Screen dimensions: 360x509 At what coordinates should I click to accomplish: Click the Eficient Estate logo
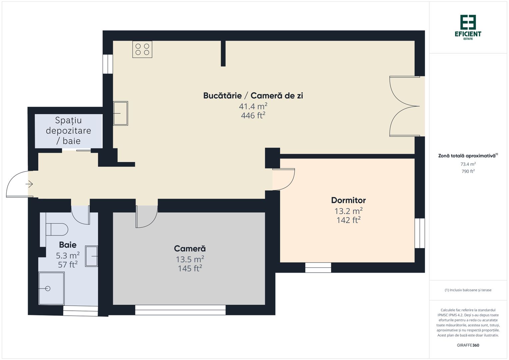pyautogui.click(x=468, y=27)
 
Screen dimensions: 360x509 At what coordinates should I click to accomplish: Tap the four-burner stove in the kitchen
pyautogui.click(x=142, y=49)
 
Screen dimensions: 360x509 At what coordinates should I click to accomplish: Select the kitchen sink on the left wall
pyautogui.click(x=120, y=113)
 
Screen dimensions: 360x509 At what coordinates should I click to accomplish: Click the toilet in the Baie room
pyautogui.click(x=57, y=229)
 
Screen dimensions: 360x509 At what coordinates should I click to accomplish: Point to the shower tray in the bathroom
pyautogui.click(x=51, y=288)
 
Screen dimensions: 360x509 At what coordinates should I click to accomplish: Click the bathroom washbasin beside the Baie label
pyautogui.click(x=91, y=256)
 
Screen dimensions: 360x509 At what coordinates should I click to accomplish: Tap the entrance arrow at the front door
pyautogui.click(x=29, y=184)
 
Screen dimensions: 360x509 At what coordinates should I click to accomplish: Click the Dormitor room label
pyautogui.click(x=348, y=200)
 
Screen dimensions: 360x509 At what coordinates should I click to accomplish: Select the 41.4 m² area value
pyautogui.click(x=253, y=106)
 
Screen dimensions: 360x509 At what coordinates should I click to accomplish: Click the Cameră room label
pyautogui.click(x=190, y=249)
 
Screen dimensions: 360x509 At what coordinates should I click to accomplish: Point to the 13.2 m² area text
pyautogui.click(x=348, y=211)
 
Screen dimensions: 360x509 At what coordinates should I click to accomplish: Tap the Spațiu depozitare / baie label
pyautogui.click(x=68, y=130)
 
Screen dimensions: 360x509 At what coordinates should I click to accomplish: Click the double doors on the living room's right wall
pyautogui.click(x=405, y=106)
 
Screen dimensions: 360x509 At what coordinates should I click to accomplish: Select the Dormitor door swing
pyautogui.click(x=283, y=179)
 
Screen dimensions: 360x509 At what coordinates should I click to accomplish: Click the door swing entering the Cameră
pyautogui.click(x=146, y=217)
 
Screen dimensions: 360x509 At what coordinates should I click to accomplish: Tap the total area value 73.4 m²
pyautogui.click(x=468, y=164)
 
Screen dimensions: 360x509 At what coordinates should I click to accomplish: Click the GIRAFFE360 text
pyautogui.click(x=468, y=345)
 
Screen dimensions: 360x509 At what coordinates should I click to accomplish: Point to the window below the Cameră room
pyautogui.click(x=180, y=310)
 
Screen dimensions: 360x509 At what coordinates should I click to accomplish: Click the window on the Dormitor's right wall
pyautogui.click(x=420, y=233)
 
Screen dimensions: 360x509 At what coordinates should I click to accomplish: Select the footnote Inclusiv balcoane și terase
pyautogui.click(x=468, y=290)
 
